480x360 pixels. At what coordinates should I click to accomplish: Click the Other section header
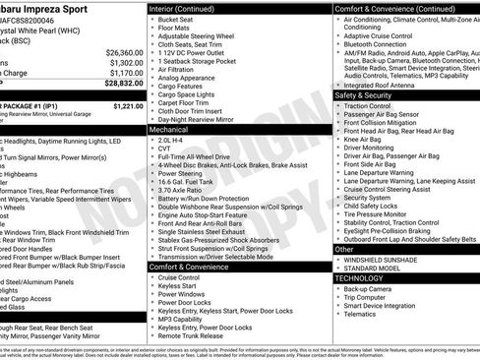pyautogui.click(x=344, y=250)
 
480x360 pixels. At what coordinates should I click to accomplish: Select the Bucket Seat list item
pyautogui.click(x=174, y=19)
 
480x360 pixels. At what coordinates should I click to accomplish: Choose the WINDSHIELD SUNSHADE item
pyautogui.click(x=392, y=259)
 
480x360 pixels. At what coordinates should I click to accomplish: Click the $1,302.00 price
pyautogui.click(x=122, y=61)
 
